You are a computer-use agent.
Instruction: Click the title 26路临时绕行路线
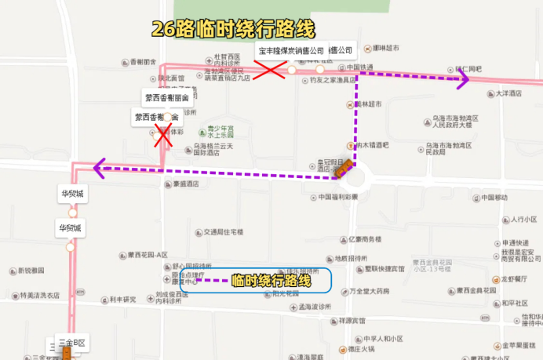point(233,30)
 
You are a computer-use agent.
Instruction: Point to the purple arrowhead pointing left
point(99,166)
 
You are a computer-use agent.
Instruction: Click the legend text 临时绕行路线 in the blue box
point(271,280)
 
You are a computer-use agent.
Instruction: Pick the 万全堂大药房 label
point(369,291)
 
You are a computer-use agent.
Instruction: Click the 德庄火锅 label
point(366,350)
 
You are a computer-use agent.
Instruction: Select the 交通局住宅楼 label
point(224,232)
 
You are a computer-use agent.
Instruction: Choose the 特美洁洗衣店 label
point(36,296)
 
